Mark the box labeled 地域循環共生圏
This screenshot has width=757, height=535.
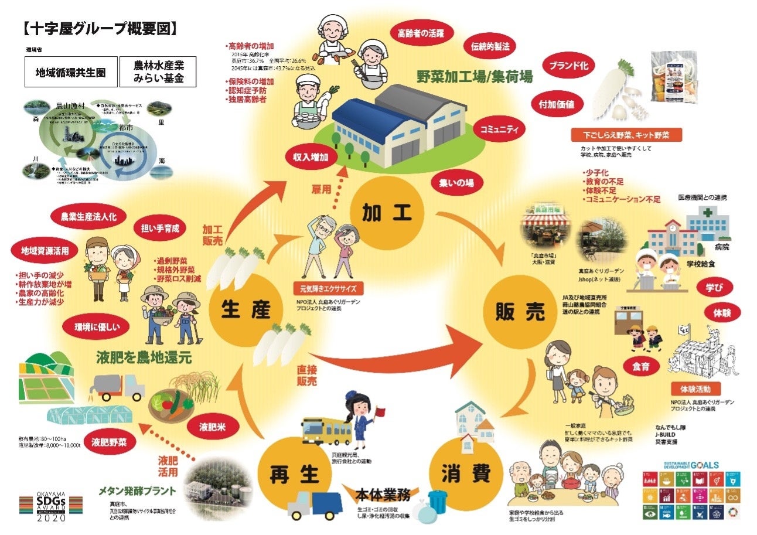point(70,73)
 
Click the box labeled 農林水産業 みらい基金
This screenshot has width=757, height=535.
point(158,73)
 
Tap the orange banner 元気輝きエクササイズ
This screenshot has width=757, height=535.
point(328,288)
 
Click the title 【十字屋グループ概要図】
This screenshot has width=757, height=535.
point(100,28)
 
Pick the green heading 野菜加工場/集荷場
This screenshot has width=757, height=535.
point(474,77)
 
